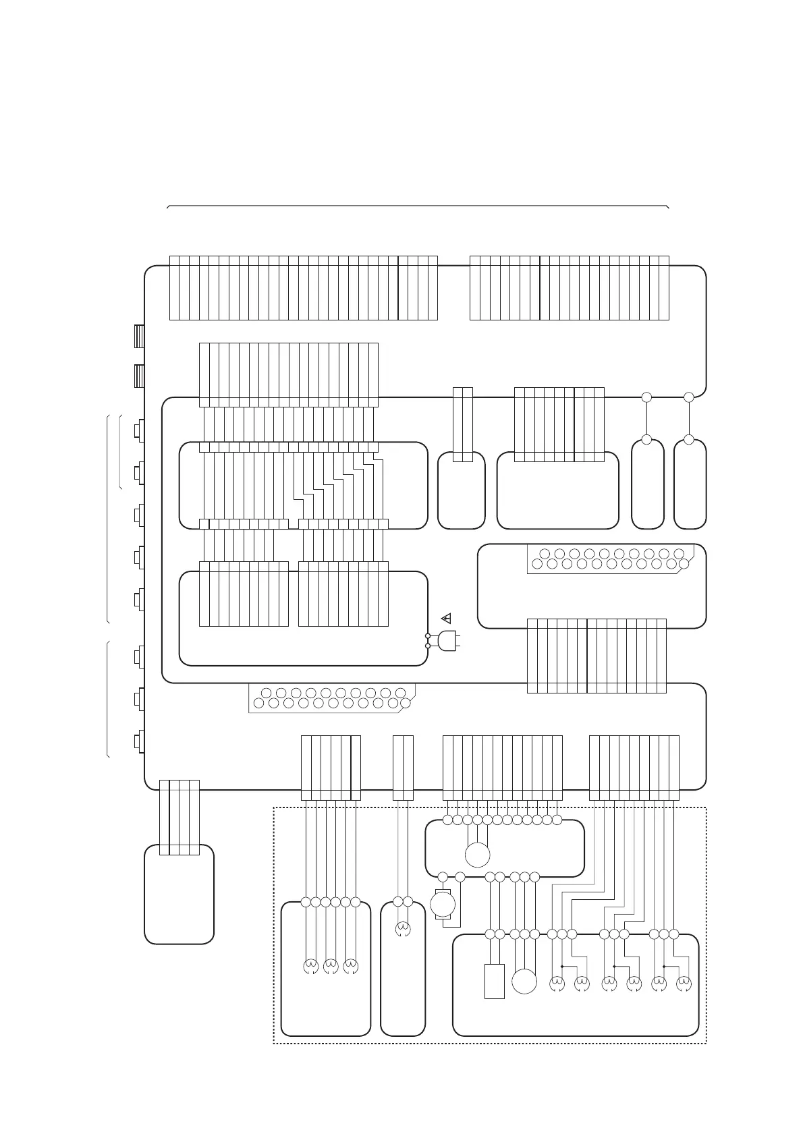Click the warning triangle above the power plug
point(445,617)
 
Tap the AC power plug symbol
point(448,641)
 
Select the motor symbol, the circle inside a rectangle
point(443,904)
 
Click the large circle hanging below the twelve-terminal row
point(477,855)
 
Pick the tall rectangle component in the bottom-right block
point(494,981)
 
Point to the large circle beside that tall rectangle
point(524,981)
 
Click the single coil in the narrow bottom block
point(403,930)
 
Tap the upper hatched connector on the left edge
point(139,336)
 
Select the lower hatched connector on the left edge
point(139,376)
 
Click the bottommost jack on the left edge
point(139,742)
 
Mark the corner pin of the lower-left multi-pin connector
point(406,704)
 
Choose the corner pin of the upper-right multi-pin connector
point(684,563)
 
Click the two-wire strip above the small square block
point(463,424)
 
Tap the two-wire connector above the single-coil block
point(403,768)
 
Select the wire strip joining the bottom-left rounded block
point(179,817)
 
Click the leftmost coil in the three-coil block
point(311,967)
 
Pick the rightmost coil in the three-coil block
point(351,967)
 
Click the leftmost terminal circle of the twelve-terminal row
point(447,820)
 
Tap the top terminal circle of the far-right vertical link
point(689,397)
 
